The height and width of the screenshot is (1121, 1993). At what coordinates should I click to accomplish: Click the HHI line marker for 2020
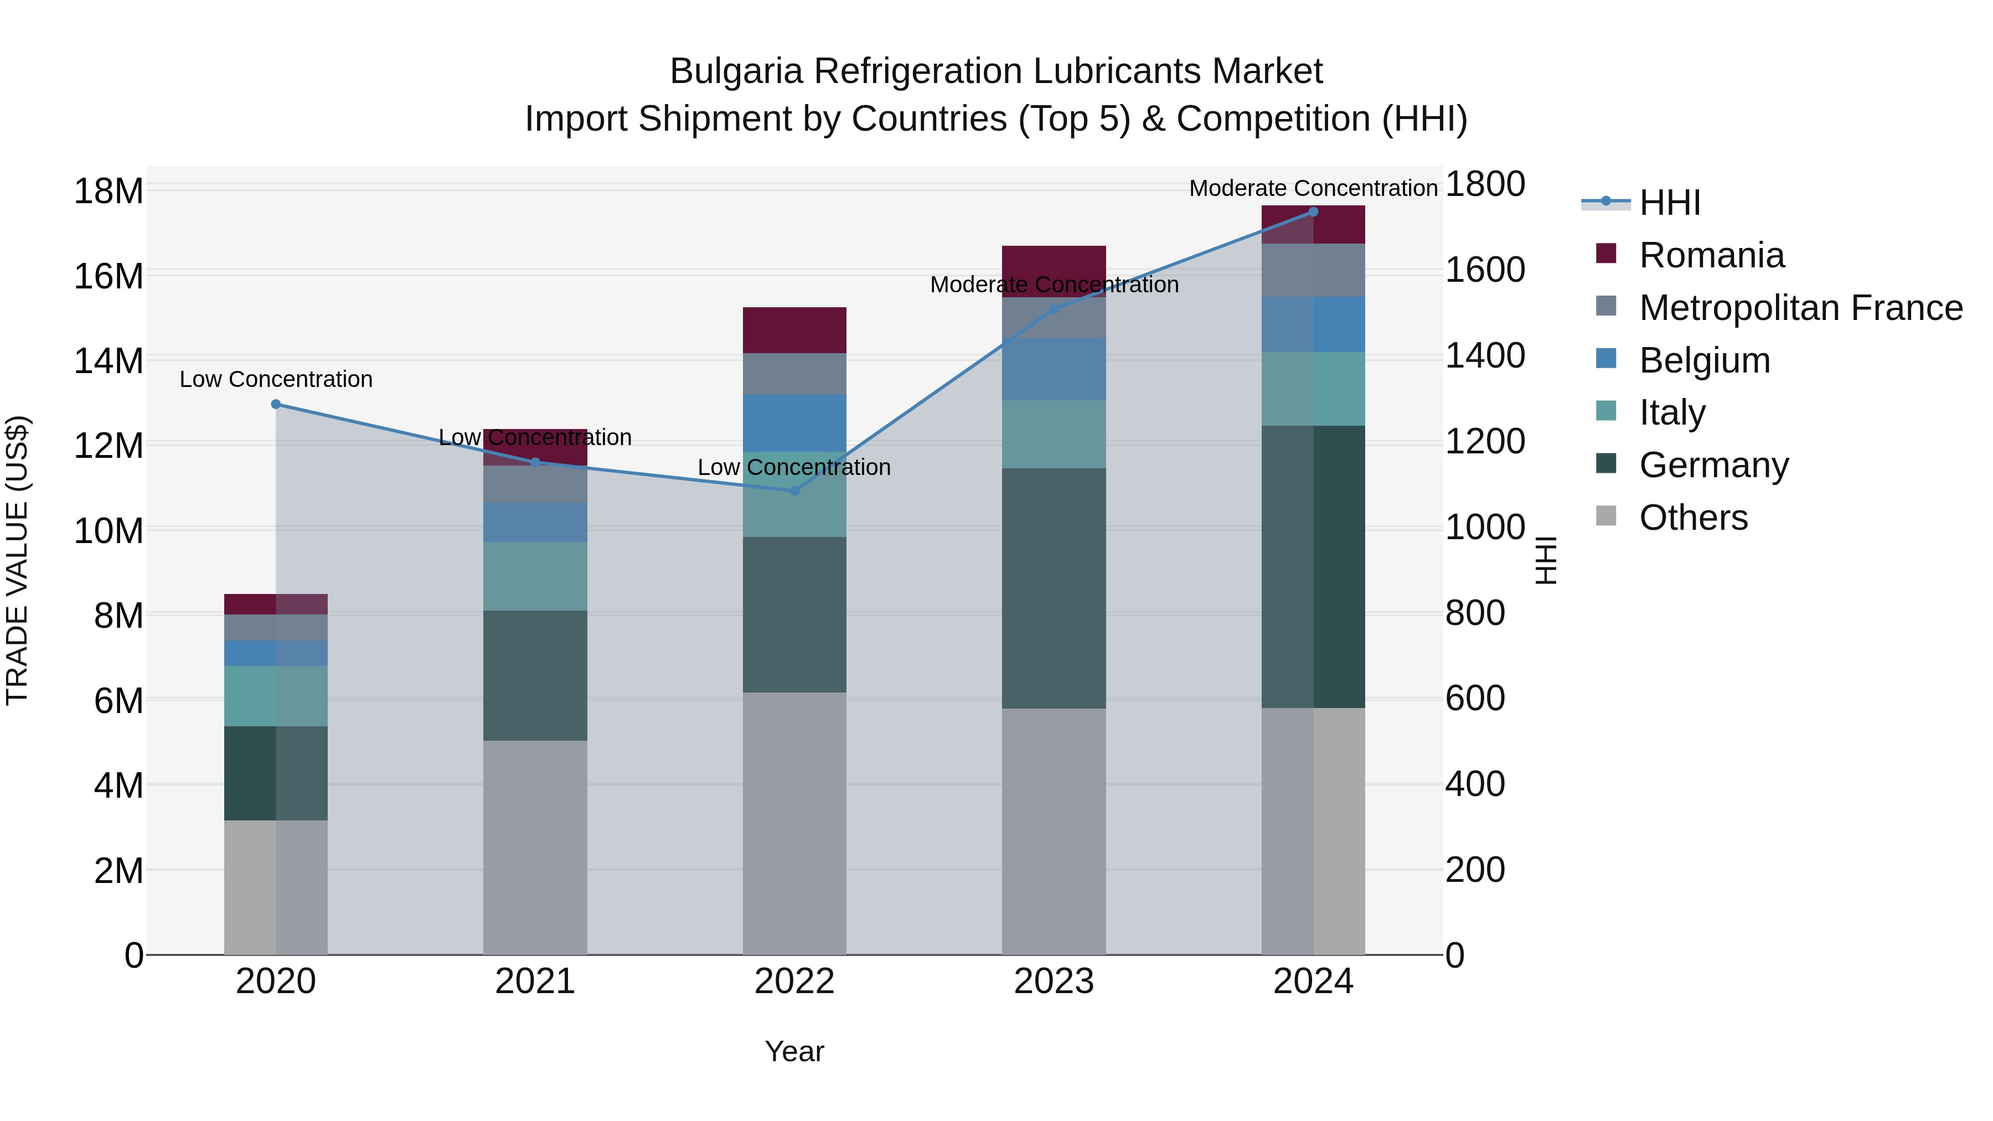tap(276, 404)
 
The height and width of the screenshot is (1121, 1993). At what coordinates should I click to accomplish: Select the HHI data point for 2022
tap(794, 490)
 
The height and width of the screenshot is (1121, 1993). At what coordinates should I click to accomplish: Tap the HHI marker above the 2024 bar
tap(1313, 211)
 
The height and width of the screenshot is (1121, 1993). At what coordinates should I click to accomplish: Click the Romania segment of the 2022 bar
tap(794, 330)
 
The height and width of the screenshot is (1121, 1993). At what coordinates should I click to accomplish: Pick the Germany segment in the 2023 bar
tap(1054, 588)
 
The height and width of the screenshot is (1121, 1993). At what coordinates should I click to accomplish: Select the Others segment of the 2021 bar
tap(535, 847)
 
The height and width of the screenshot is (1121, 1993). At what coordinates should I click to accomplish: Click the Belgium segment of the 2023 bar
tap(1054, 369)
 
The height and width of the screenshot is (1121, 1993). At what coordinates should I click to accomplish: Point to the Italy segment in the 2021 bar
tap(535, 576)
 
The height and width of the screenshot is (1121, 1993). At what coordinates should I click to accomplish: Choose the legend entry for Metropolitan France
tap(1800, 308)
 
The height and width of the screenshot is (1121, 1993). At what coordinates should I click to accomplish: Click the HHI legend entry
tap(1669, 203)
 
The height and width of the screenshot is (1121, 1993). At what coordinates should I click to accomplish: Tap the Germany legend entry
tap(1713, 465)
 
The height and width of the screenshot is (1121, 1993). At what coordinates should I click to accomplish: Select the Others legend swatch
tap(1606, 516)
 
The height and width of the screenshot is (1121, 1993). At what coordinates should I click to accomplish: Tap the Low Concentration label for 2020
tap(276, 379)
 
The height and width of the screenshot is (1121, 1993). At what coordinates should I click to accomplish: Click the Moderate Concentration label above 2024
tap(1313, 188)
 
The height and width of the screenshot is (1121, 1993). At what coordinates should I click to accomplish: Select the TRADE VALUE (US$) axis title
tap(17, 560)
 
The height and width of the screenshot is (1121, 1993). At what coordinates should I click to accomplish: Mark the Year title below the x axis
tap(794, 1051)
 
